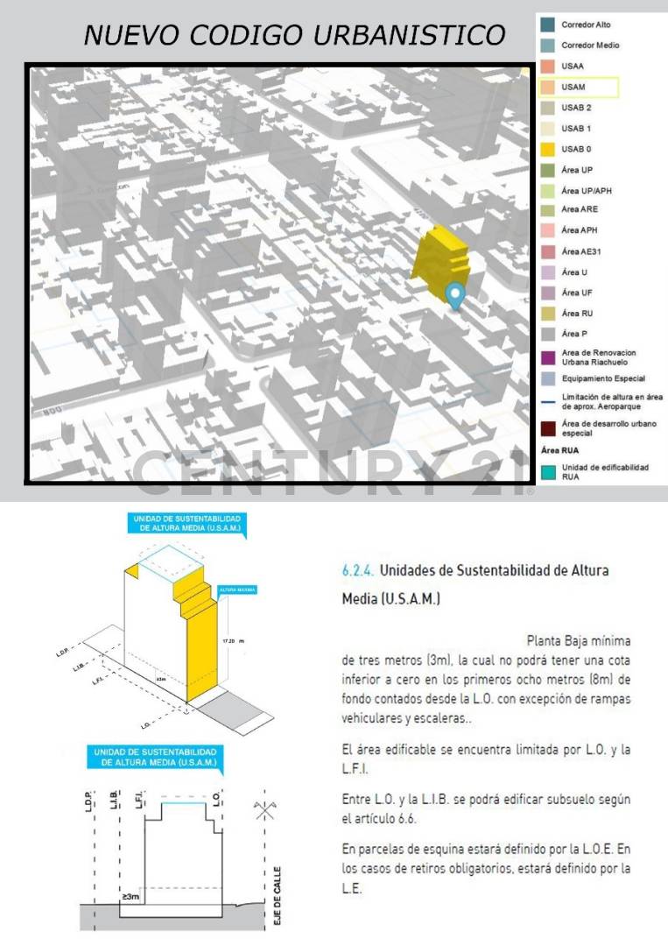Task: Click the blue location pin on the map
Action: [454, 295]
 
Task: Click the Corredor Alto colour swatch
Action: [547, 25]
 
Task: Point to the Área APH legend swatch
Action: [547, 230]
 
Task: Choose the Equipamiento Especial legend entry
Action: [603, 378]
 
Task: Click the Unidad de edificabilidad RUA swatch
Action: [547, 473]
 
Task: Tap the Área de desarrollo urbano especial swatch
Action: [547, 428]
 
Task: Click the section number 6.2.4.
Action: [359, 570]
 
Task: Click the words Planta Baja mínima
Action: [578, 640]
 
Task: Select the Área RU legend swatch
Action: [547, 313]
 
